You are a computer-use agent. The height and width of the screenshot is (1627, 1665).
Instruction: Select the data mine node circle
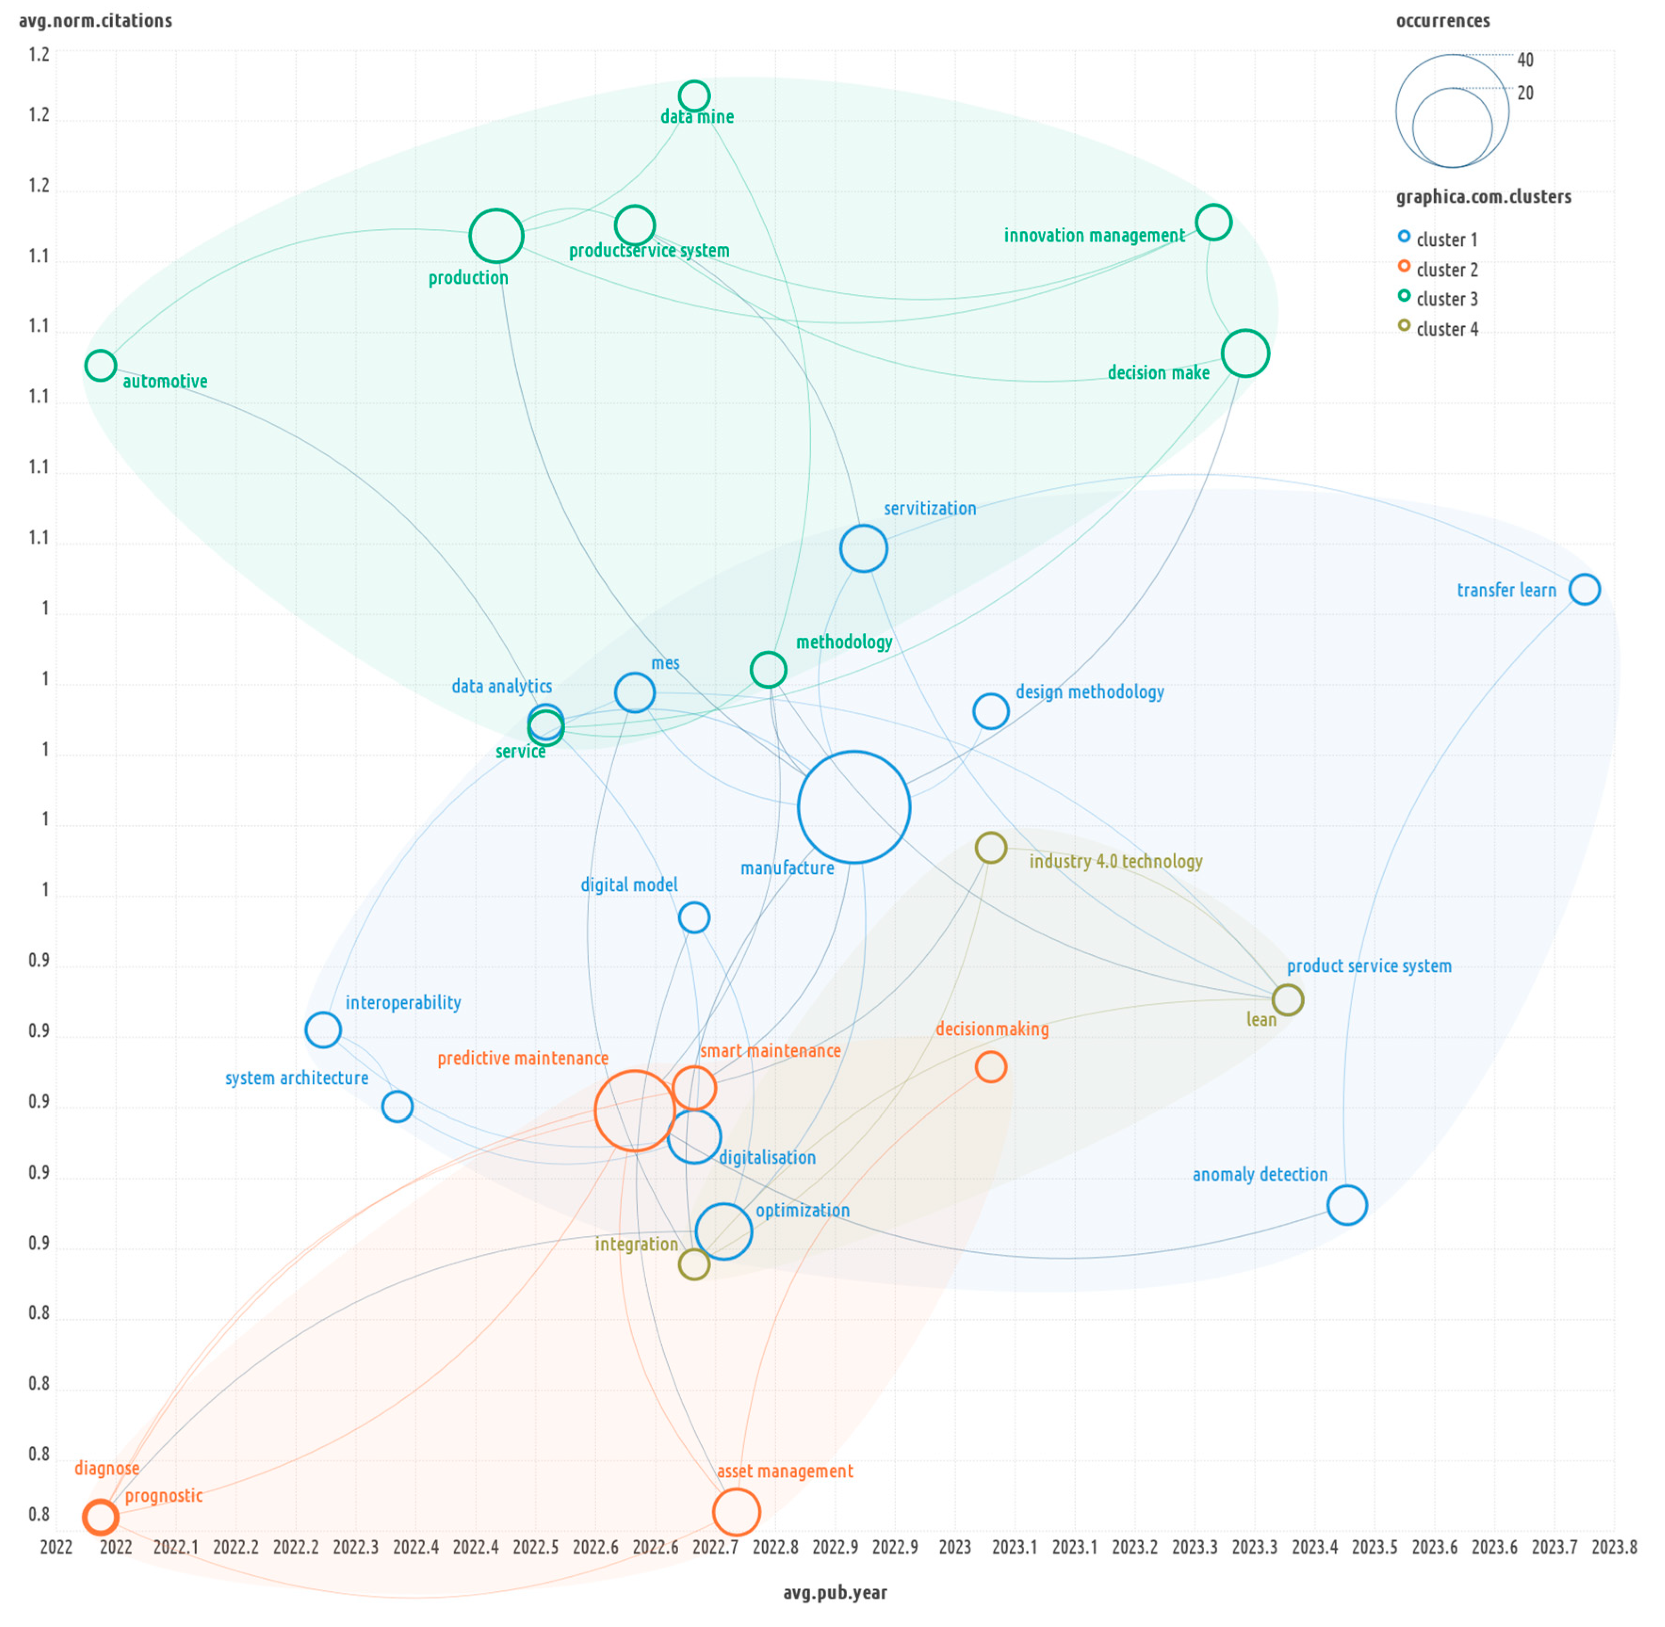pyautogui.click(x=694, y=96)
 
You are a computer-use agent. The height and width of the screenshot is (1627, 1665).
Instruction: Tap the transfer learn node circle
pyautogui.click(x=1584, y=589)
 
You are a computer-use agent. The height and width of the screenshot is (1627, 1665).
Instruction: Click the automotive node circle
pyautogui.click(x=101, y=366)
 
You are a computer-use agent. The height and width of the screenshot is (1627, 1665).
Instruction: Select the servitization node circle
pyautogui.click(x=863, y=548)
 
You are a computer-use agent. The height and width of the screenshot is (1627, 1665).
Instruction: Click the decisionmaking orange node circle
pyautogui.click(x=991, y=1066)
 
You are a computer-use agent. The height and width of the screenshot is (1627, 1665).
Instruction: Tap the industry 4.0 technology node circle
pyautogui.click(x=991, y=848)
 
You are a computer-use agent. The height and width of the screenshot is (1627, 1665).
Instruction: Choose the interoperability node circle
pyautogui.click(x=323, y=1030)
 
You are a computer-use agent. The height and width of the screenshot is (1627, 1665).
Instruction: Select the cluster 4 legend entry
pyautogui.click(x=1446, y=329)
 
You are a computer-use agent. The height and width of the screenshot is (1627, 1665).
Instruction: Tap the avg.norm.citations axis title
pyautogui.click(x=96, y=21)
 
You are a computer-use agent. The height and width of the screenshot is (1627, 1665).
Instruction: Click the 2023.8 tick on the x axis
pyautogui.click(x=1614, y=1546)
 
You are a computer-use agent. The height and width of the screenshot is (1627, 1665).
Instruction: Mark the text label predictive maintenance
pyautogui.click(x=523, y=1058)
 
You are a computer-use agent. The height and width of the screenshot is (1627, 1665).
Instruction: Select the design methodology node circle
pyautogui.click(x=991, y=711)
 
